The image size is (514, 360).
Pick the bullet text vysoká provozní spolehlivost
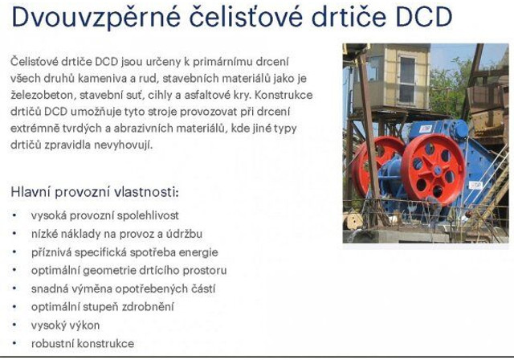click(105, 215)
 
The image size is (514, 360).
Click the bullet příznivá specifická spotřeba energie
click(124, 252)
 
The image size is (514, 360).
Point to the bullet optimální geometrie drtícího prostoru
click(129, 270)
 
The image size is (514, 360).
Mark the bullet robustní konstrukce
click(83, 343)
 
